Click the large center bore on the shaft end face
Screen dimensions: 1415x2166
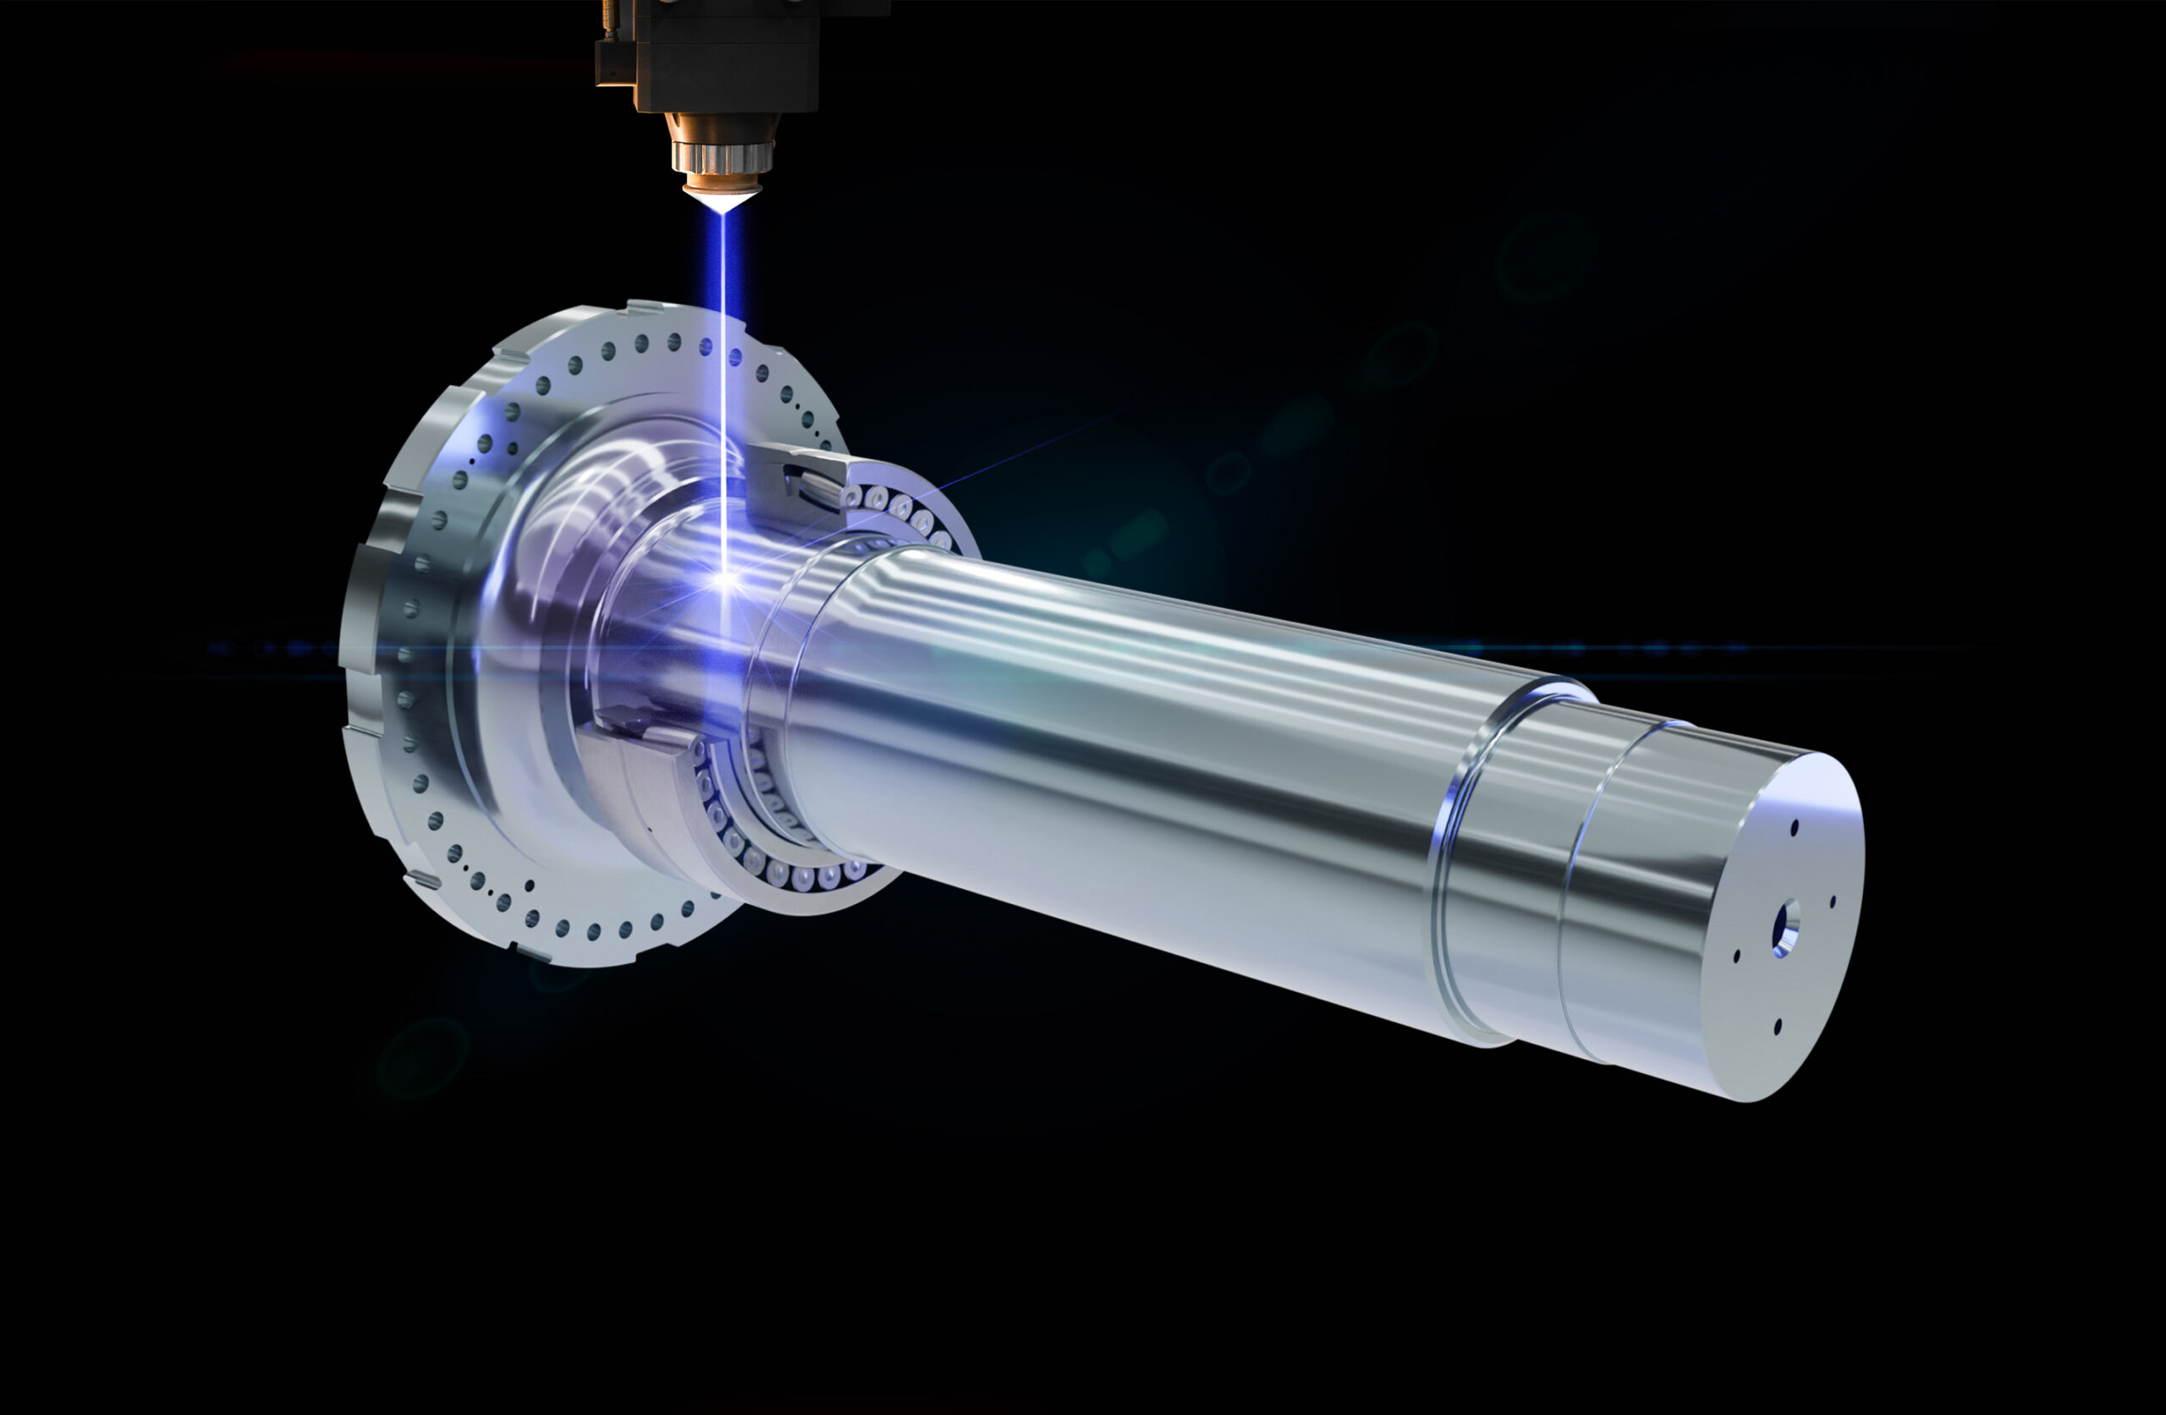pyautogui.click(x=1784, y=929)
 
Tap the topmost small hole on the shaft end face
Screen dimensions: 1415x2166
pyautogui.click(x=1794, y=827)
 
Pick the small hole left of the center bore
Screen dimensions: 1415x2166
pyautogui.click(x=1736, y=956)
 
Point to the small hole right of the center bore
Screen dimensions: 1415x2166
pyautogui.click(x=1832, y=901)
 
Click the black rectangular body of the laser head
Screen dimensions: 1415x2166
pyautogui.click(x=728, y=55)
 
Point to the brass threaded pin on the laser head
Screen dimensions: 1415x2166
pyautogui.click(x=605, y=19)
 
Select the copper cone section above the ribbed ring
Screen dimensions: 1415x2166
pyautogui.click(x=721, y=128)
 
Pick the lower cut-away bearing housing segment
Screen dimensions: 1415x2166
pyautogui.click(x=637, y=774)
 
